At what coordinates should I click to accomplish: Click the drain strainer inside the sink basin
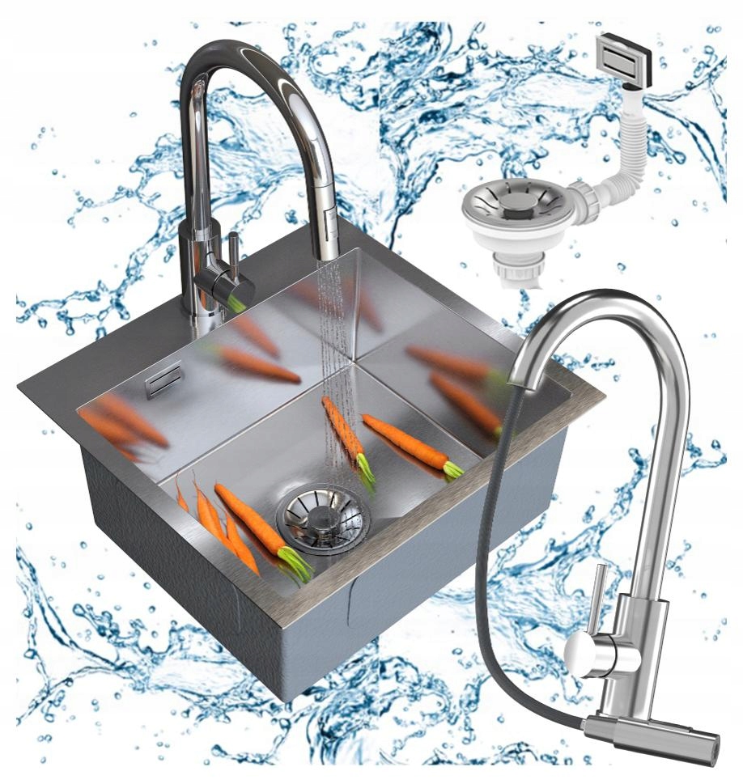pos(323,516)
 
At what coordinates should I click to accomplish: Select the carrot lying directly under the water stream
pos(349,441)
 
